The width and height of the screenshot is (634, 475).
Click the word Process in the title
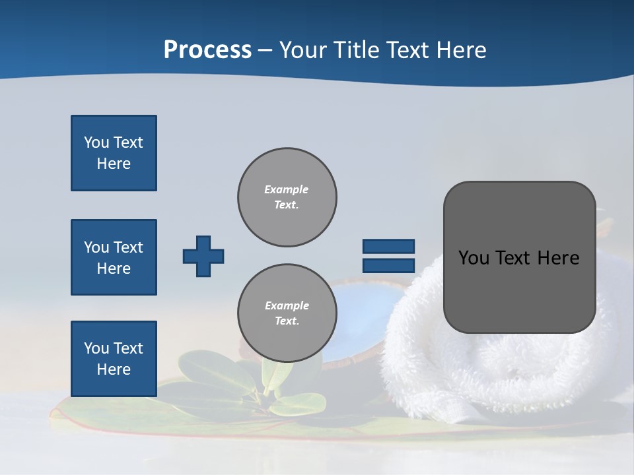coord(207,50)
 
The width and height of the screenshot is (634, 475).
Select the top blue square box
coord(114,153)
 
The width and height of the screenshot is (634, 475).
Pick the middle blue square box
coord(114,257)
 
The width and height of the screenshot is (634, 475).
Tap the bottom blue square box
coord(114,359)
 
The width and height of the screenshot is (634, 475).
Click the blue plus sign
coord(203,256)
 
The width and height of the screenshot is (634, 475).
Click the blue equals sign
coord(388,256)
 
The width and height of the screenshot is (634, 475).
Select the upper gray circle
coord(287,197)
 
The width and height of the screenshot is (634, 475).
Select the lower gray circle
coord(287,313)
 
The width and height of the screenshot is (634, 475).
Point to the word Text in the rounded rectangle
coord(517,258)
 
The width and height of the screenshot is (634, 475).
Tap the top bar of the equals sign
coord(388,246)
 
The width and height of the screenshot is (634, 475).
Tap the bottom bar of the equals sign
coord(388,266)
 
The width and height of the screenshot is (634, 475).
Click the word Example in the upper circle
coord(286,189)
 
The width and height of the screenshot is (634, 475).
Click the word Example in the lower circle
coord(287,305)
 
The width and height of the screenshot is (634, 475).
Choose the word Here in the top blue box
coord(114,164)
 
